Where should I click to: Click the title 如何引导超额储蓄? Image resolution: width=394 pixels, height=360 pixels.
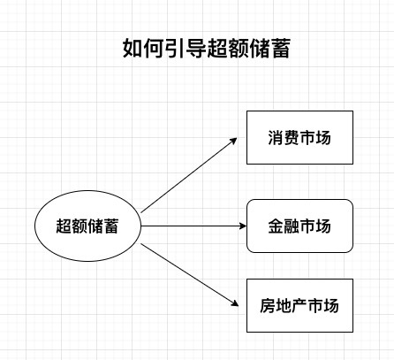point(207,48)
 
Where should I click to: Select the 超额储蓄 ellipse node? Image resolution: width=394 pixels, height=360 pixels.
point(87,226)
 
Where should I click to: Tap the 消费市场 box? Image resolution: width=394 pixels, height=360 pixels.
point(299,137)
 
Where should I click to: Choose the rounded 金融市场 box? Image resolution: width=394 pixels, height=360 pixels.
point(299,226)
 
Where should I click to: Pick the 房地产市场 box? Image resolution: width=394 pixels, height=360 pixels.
point(299,305)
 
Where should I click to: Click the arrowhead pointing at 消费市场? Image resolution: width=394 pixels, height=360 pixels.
point(234,141)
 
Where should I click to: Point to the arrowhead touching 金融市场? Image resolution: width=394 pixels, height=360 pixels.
point(243,226)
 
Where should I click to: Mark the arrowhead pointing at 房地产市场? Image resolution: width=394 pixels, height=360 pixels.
point(235,303)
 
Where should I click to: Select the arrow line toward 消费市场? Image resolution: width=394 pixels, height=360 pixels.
point(189,175)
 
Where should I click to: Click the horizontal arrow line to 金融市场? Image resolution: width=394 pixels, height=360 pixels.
point(193,226)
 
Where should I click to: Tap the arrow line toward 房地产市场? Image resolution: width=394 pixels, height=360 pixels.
point(190,275)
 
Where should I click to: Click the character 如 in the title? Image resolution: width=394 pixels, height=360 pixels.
point(133,48)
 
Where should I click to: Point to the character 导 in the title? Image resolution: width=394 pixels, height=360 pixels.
point(196,48)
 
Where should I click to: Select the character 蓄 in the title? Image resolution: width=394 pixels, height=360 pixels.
point(281,48)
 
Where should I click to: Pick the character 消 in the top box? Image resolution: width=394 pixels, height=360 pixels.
point(276,137)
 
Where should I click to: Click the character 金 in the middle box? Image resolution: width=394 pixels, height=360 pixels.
point(276,226)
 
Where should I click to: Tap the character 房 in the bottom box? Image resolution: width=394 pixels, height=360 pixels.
point(268,305)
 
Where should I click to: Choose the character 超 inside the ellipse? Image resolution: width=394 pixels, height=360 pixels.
point(64,226)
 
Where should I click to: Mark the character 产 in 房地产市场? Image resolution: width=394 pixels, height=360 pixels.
point(299,305)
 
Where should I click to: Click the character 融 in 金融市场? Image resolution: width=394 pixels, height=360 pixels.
point(292,226)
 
